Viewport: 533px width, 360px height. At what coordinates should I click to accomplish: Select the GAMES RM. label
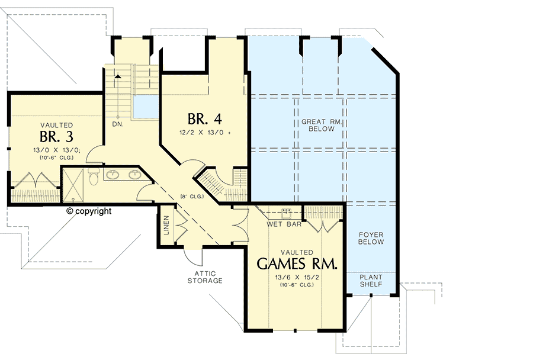297,263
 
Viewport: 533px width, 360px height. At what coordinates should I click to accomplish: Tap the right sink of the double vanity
134,175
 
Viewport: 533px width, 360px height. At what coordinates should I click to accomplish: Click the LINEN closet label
166,226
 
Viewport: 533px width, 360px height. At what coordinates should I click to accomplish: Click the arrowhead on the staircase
118,76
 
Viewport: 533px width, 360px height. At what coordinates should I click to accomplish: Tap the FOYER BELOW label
371,238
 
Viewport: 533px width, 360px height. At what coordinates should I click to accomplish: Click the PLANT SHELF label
371,281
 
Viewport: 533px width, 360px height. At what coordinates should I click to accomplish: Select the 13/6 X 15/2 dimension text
297,277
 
